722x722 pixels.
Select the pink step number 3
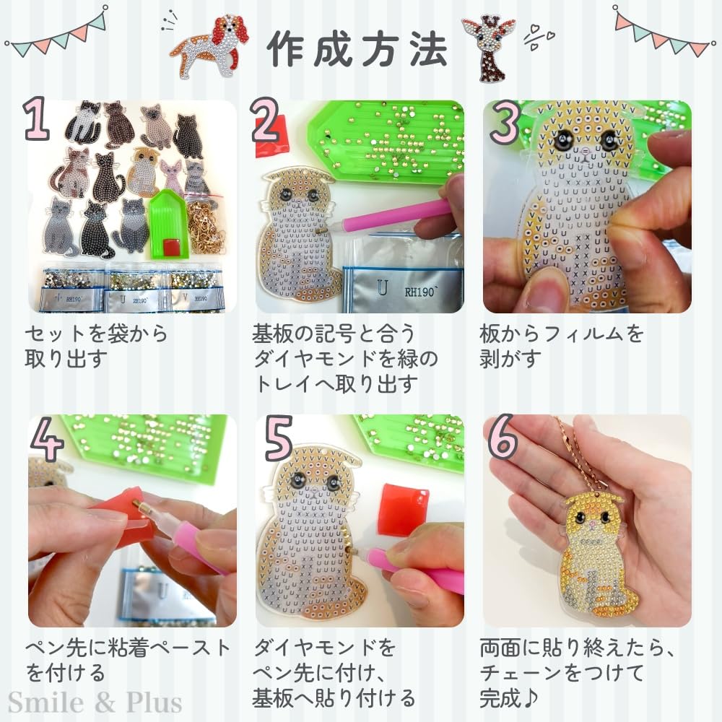505,121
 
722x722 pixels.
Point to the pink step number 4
46,439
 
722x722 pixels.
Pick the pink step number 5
279,438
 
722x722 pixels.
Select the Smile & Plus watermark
95,703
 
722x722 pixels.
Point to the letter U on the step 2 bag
382,288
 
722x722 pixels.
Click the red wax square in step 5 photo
404,508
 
